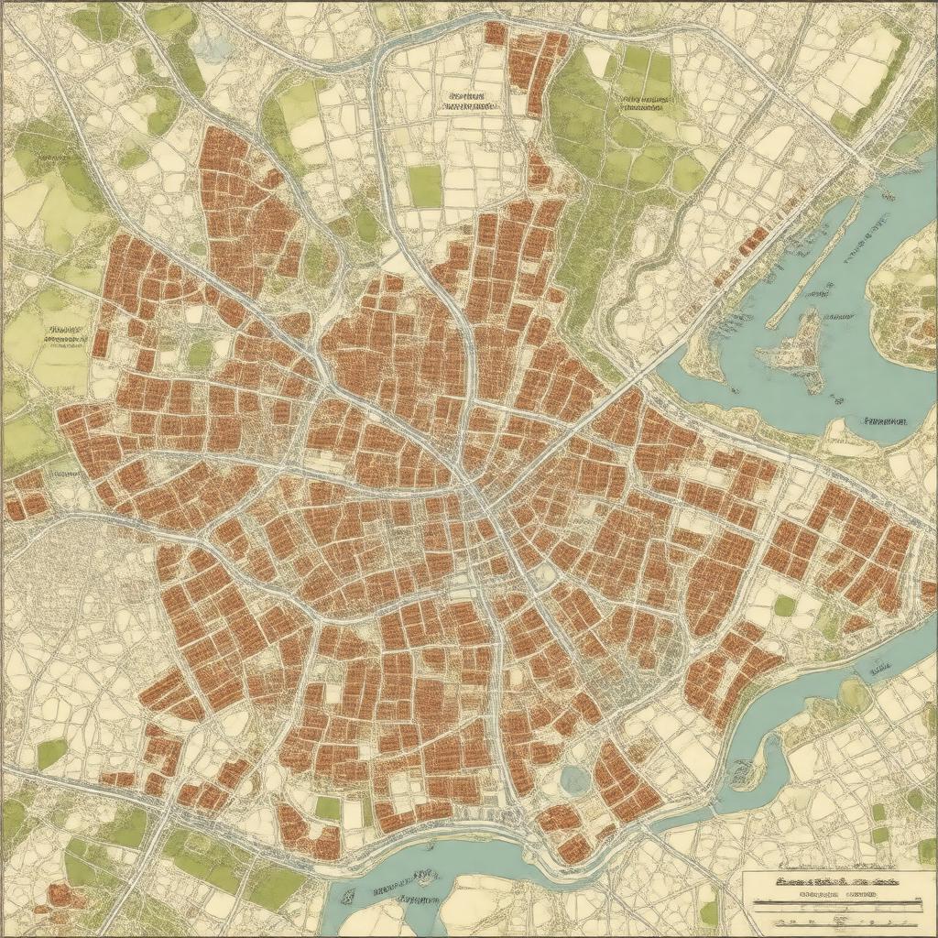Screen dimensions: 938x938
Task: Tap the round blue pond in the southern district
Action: tap(575, 780)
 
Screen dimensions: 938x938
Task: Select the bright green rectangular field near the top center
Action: tap(425, 186)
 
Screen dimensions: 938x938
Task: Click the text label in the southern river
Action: tap(403, 884)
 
